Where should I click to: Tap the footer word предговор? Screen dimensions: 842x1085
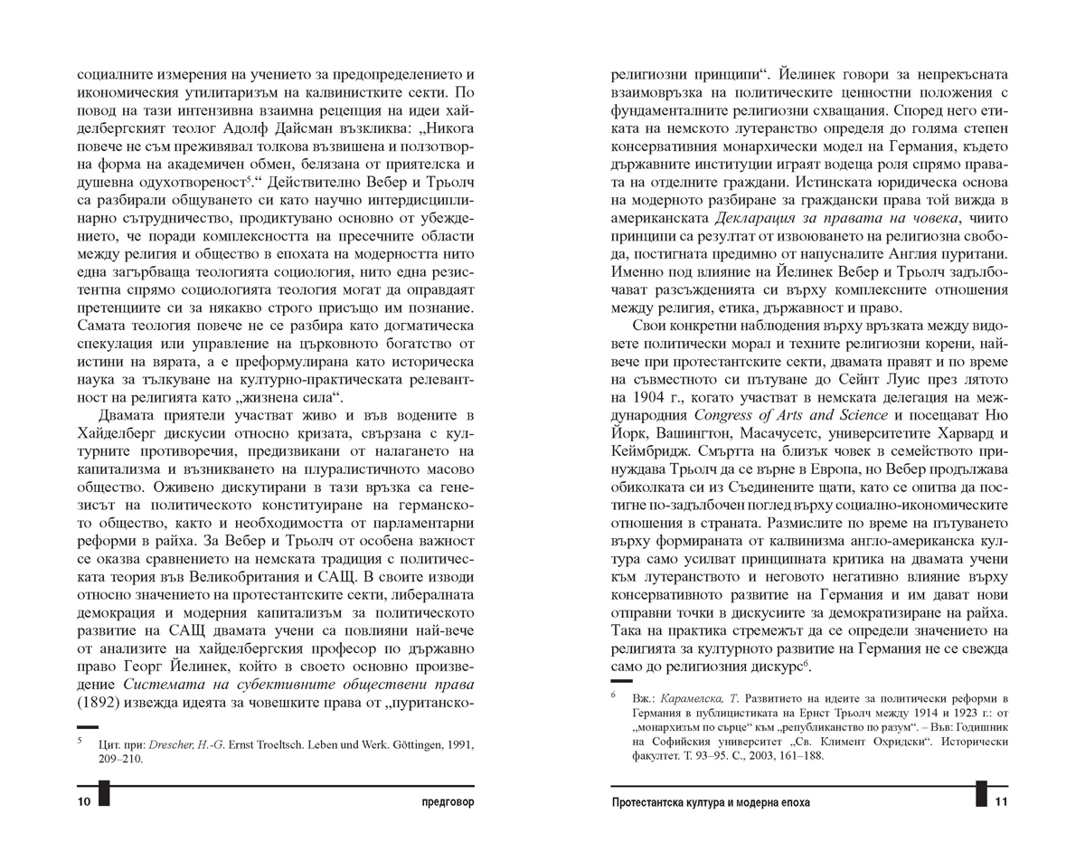pos(444,802)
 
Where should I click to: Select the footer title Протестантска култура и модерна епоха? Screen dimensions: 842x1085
pos(711,802)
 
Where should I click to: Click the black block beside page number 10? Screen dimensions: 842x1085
pos(104,795)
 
